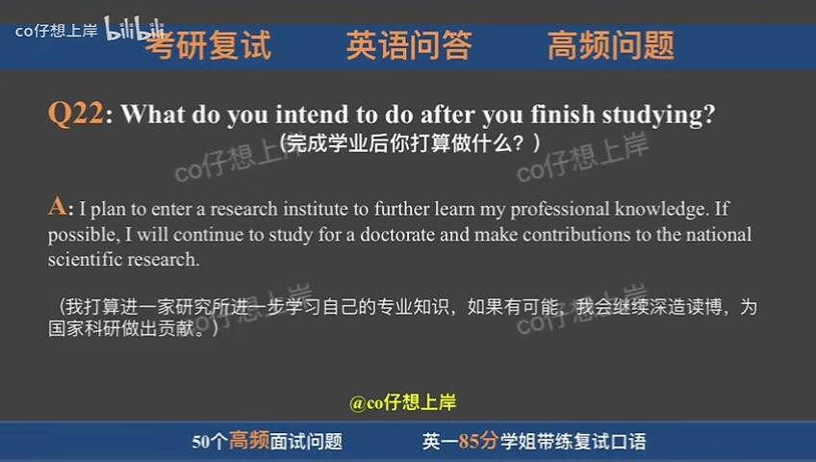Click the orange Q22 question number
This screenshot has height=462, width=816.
coord(75,115)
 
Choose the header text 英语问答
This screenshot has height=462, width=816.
coord(409,45)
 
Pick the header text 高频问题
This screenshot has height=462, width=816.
coord(611,45)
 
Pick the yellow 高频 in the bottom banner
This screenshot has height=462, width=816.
coord(248,442)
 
